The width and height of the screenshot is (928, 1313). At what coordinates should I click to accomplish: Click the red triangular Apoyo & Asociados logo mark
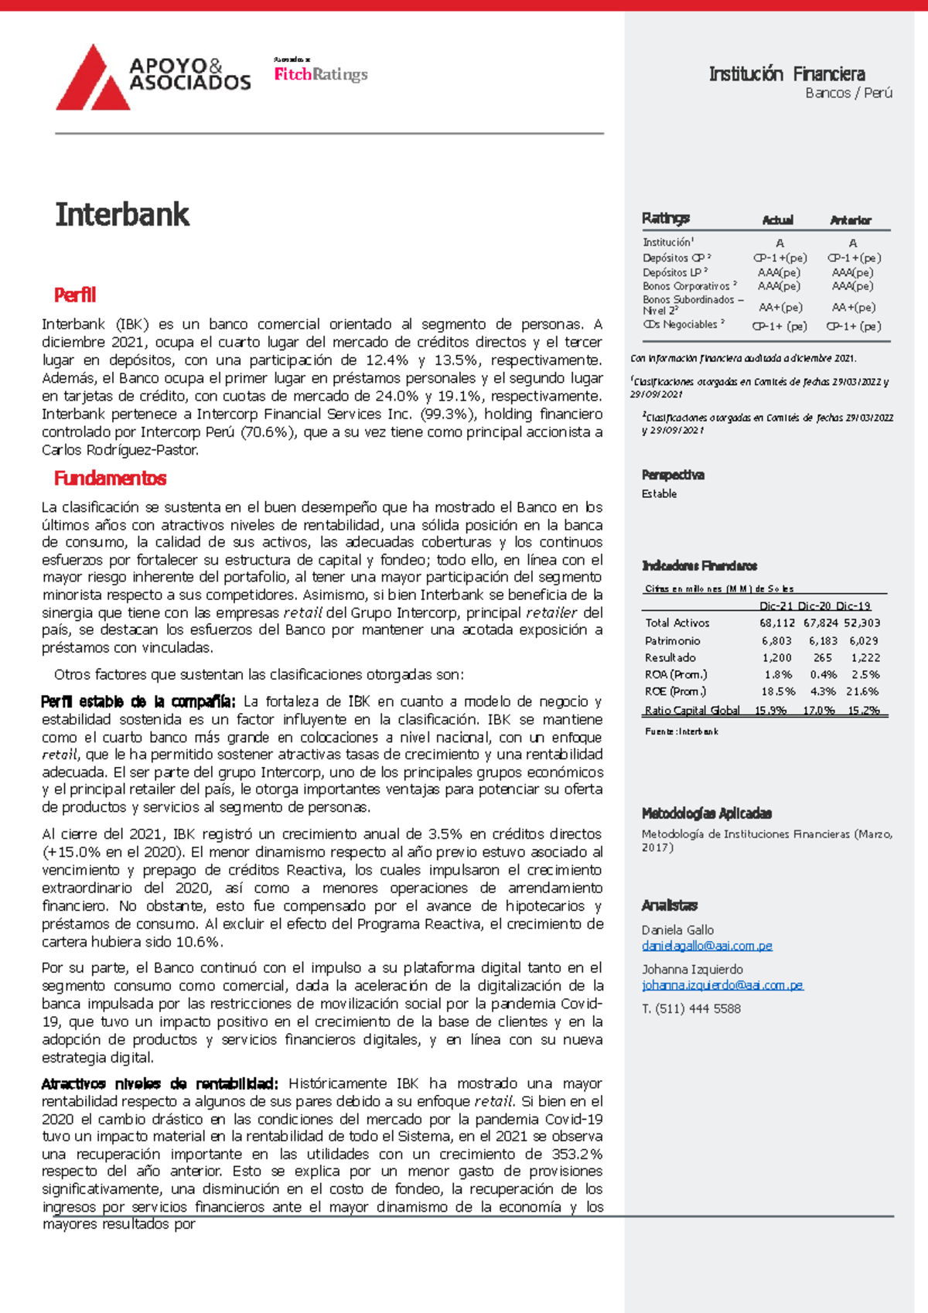(x=91, y=81)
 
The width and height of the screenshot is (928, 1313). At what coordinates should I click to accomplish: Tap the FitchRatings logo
(x=321, y=74)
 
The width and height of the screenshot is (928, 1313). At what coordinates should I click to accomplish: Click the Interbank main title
(x=122, y=215)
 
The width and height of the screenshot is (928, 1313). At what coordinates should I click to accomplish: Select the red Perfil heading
(x=75, y=295)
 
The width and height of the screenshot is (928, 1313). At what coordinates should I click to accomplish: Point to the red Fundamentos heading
(x=110, y=479)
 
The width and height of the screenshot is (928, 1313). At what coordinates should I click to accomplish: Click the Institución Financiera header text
(x=786, y=74)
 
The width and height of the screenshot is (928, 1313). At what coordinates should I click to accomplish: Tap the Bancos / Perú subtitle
(x=848, y=93)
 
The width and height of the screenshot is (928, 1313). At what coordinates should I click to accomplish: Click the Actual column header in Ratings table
(x=777, y=220)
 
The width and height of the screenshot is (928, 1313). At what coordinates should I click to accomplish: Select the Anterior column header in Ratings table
(x=850, y=220)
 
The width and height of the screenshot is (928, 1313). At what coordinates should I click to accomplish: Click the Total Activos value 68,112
(x=776, y=622)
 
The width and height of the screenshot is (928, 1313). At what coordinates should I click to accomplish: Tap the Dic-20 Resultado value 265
(x=822, y=657)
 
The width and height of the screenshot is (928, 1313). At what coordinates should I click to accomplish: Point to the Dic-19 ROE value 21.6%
(x=862, y=691)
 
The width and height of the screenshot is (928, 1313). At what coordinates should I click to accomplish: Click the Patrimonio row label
(x=672, y=640)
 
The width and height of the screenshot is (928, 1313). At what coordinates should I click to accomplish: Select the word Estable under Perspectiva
(x=659, y=493)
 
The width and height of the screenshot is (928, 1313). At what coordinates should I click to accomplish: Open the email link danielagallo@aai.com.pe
(x=707, y=946)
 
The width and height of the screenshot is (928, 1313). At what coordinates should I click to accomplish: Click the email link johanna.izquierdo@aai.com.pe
(x=722, y=985)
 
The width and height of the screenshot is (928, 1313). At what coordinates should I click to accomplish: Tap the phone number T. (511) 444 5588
(x=691, y=1008)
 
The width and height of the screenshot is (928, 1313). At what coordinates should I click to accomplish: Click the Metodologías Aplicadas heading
(x=706, y=813)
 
